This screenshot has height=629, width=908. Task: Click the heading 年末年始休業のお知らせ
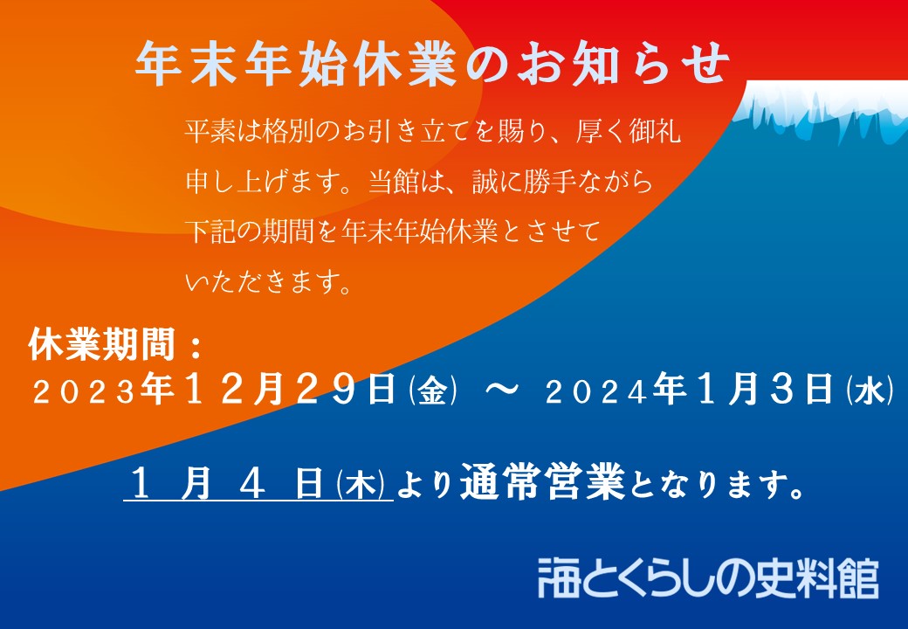click(x=432, y=63)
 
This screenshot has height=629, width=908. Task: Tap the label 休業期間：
click(x=116, y=344)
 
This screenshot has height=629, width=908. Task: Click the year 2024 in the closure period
click(x=596, y=393)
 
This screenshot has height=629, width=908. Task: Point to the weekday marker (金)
click(x=432, y=391)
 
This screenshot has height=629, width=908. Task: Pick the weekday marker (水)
click(x=870, y=391)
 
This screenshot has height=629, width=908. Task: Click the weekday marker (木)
click(x=361, y=484)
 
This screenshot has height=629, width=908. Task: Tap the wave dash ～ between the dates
click(x=501, y=391)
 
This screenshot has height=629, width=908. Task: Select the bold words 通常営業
click(x=542, y=482)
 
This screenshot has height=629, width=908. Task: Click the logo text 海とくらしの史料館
click(x=708, y=578)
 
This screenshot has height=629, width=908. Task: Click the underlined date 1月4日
click(x=227, y=484)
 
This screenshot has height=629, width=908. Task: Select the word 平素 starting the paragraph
click(x=210, y=131)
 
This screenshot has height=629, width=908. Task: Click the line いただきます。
click(x=268, y=282)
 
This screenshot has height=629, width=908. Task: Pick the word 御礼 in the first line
click(x=654, y=131)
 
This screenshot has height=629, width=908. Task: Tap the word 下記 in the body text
click(x=210, y=232)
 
